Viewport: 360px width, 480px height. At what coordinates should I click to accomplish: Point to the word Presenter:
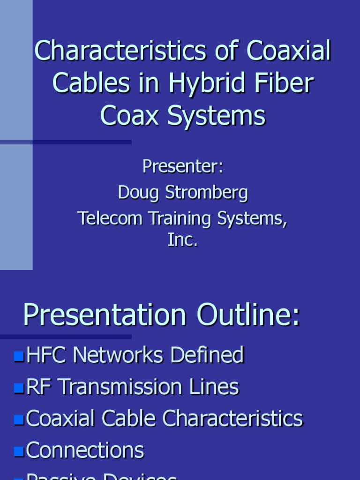pyautogui.click(x=183, y=166)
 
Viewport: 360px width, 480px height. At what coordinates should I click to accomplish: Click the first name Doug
pyautogui.click(x=136, y=192)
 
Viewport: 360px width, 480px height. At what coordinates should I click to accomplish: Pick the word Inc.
pyautogui.click(x=183, y=240)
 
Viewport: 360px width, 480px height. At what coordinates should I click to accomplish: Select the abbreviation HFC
pyautogui.click(x=46, y=355)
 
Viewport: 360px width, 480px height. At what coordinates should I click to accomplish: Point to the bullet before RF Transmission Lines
pyautogui.click(x=19, y=388)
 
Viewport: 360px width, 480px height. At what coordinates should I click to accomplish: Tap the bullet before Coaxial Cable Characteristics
pyautogui.click(x=19, y=420)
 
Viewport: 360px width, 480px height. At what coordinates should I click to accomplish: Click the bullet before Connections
pyautogui.click(x=19, y=451)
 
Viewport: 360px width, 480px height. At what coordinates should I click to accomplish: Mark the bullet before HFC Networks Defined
pyautogui.click(x=19, y=356)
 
